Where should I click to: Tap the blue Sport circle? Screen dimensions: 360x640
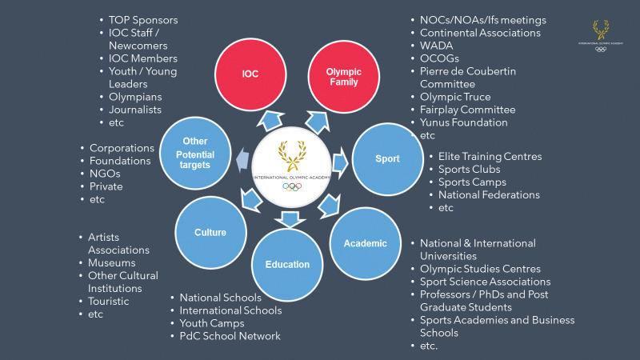pyautogui.click(x=387, y=158)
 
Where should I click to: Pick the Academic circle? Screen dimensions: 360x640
pyautogui.click(x=365, y=243)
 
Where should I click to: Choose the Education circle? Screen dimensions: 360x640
pyautogui.click(x=287, y=265)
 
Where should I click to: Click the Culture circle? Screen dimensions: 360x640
pyautogui.click(x=210, y=233)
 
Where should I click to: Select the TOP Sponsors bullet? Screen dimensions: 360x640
pyautogui.click(x=143, y=19)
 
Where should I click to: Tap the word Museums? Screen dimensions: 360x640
pyautogui.click(x=111, y=262)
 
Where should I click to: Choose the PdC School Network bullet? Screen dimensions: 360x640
pyautogui.click(x=230, y=336)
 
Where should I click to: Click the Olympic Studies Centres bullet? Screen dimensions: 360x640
pyautogui.click(x=480, y=269)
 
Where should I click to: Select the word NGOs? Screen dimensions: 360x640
pyautogui.click(x=106, y=174)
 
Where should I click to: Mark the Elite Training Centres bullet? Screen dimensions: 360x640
pyautogui.click(x=490, y=156)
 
